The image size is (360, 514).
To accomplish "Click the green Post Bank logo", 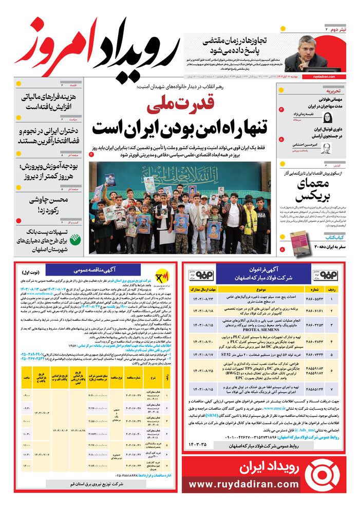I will pos(75,240).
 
